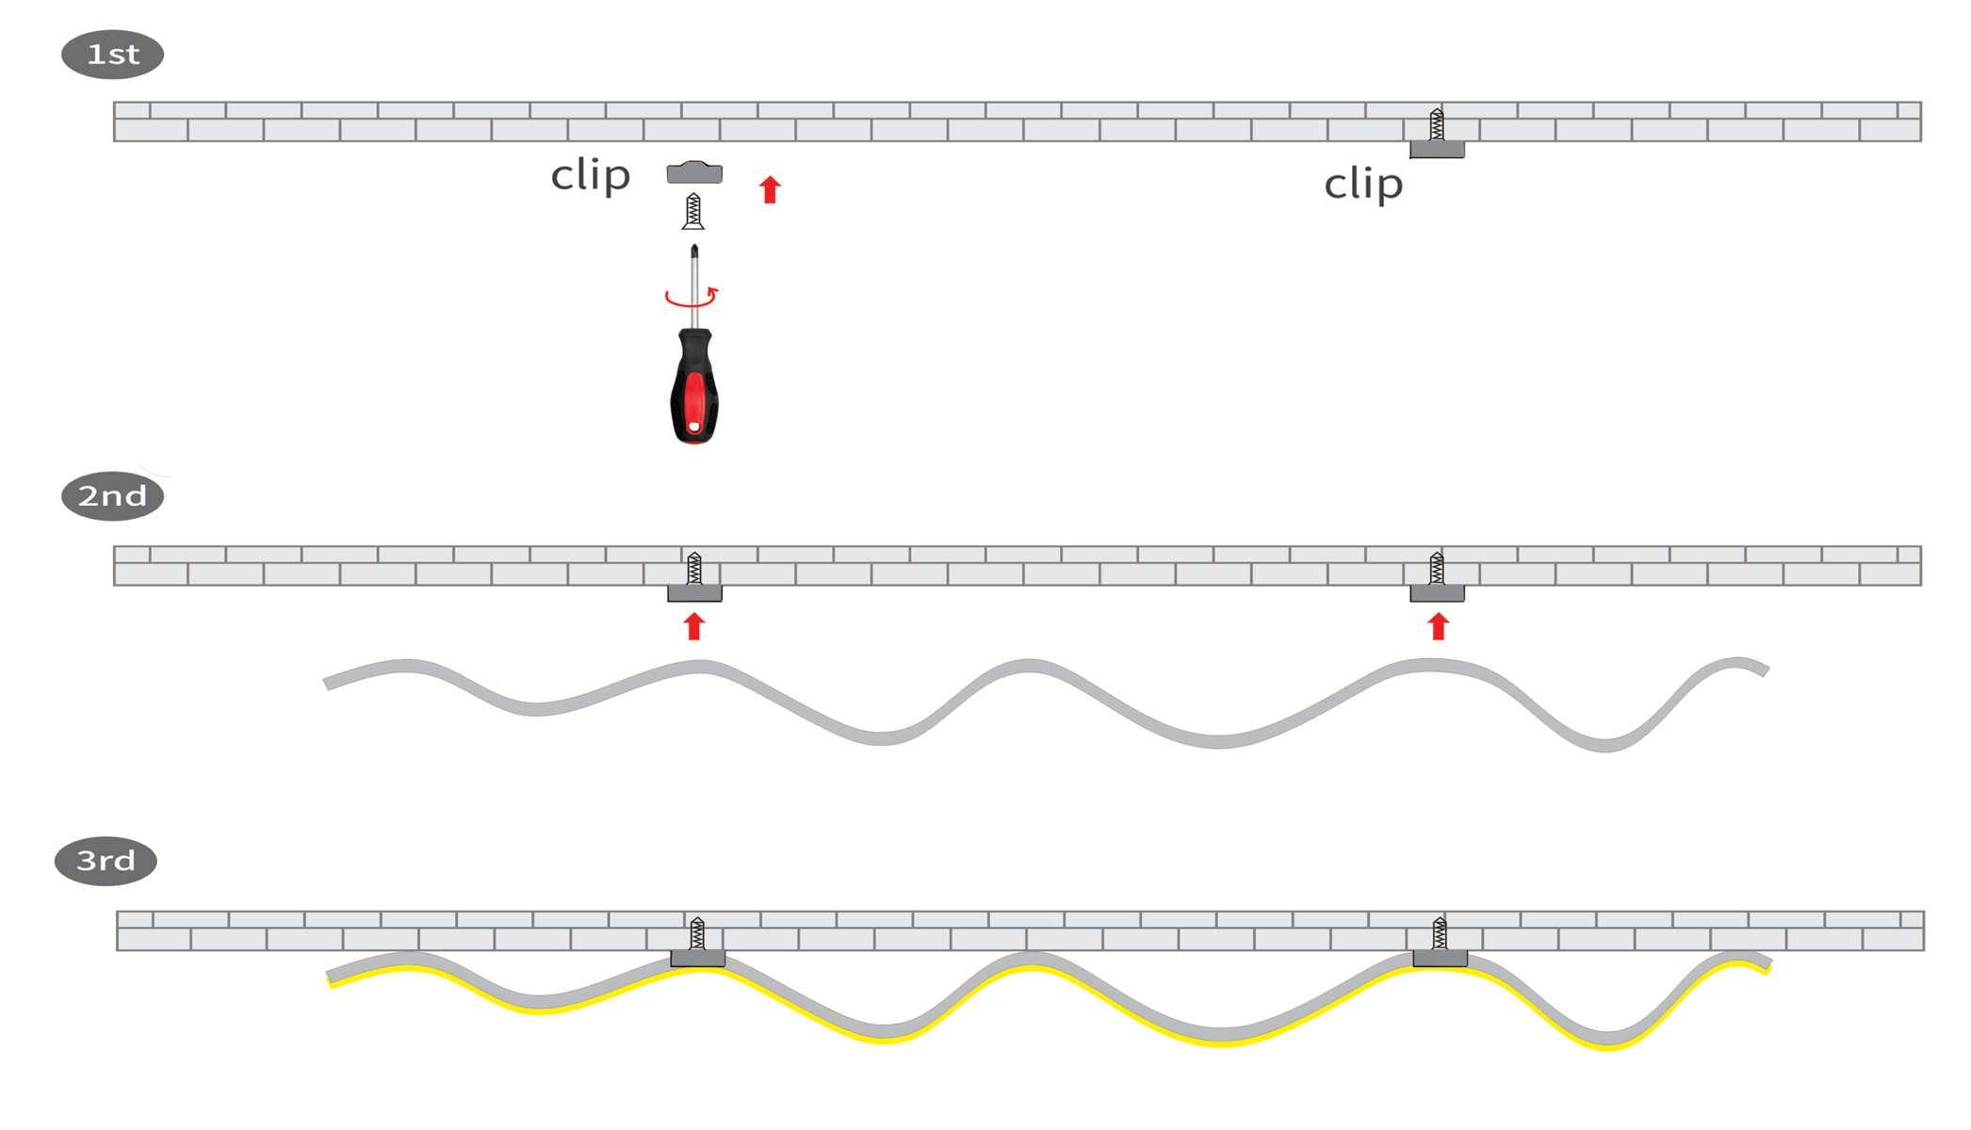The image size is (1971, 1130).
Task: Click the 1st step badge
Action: point(112,55)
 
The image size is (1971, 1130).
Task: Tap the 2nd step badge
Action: point(112,496)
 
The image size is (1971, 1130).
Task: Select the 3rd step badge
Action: point(106,861)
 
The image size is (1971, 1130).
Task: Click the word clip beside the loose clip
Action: point(590,175)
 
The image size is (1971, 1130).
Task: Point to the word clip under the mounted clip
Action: point(1362,185)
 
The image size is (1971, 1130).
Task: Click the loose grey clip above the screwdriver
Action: point(694,172)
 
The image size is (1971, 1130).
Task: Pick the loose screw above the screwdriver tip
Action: point(693,211)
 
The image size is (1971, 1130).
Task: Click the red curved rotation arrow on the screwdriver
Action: point(692,298)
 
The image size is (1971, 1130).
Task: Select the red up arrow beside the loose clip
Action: point(770,189)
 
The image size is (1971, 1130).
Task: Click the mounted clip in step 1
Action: point(1437,150)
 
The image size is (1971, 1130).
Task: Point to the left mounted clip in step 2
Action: point(694,593)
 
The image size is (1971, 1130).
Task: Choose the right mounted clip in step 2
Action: point(1437,593)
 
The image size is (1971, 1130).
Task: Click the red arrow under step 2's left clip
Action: point(694,626)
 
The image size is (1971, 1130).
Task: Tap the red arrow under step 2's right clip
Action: point(1438,626)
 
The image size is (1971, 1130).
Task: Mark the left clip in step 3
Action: point(697,959)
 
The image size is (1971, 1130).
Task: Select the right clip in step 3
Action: point(1440,959)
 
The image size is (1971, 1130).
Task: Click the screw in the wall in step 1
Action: point(1437,124)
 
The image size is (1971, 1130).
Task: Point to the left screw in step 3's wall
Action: point(697,933)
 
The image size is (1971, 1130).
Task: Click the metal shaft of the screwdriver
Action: point(694,282)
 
